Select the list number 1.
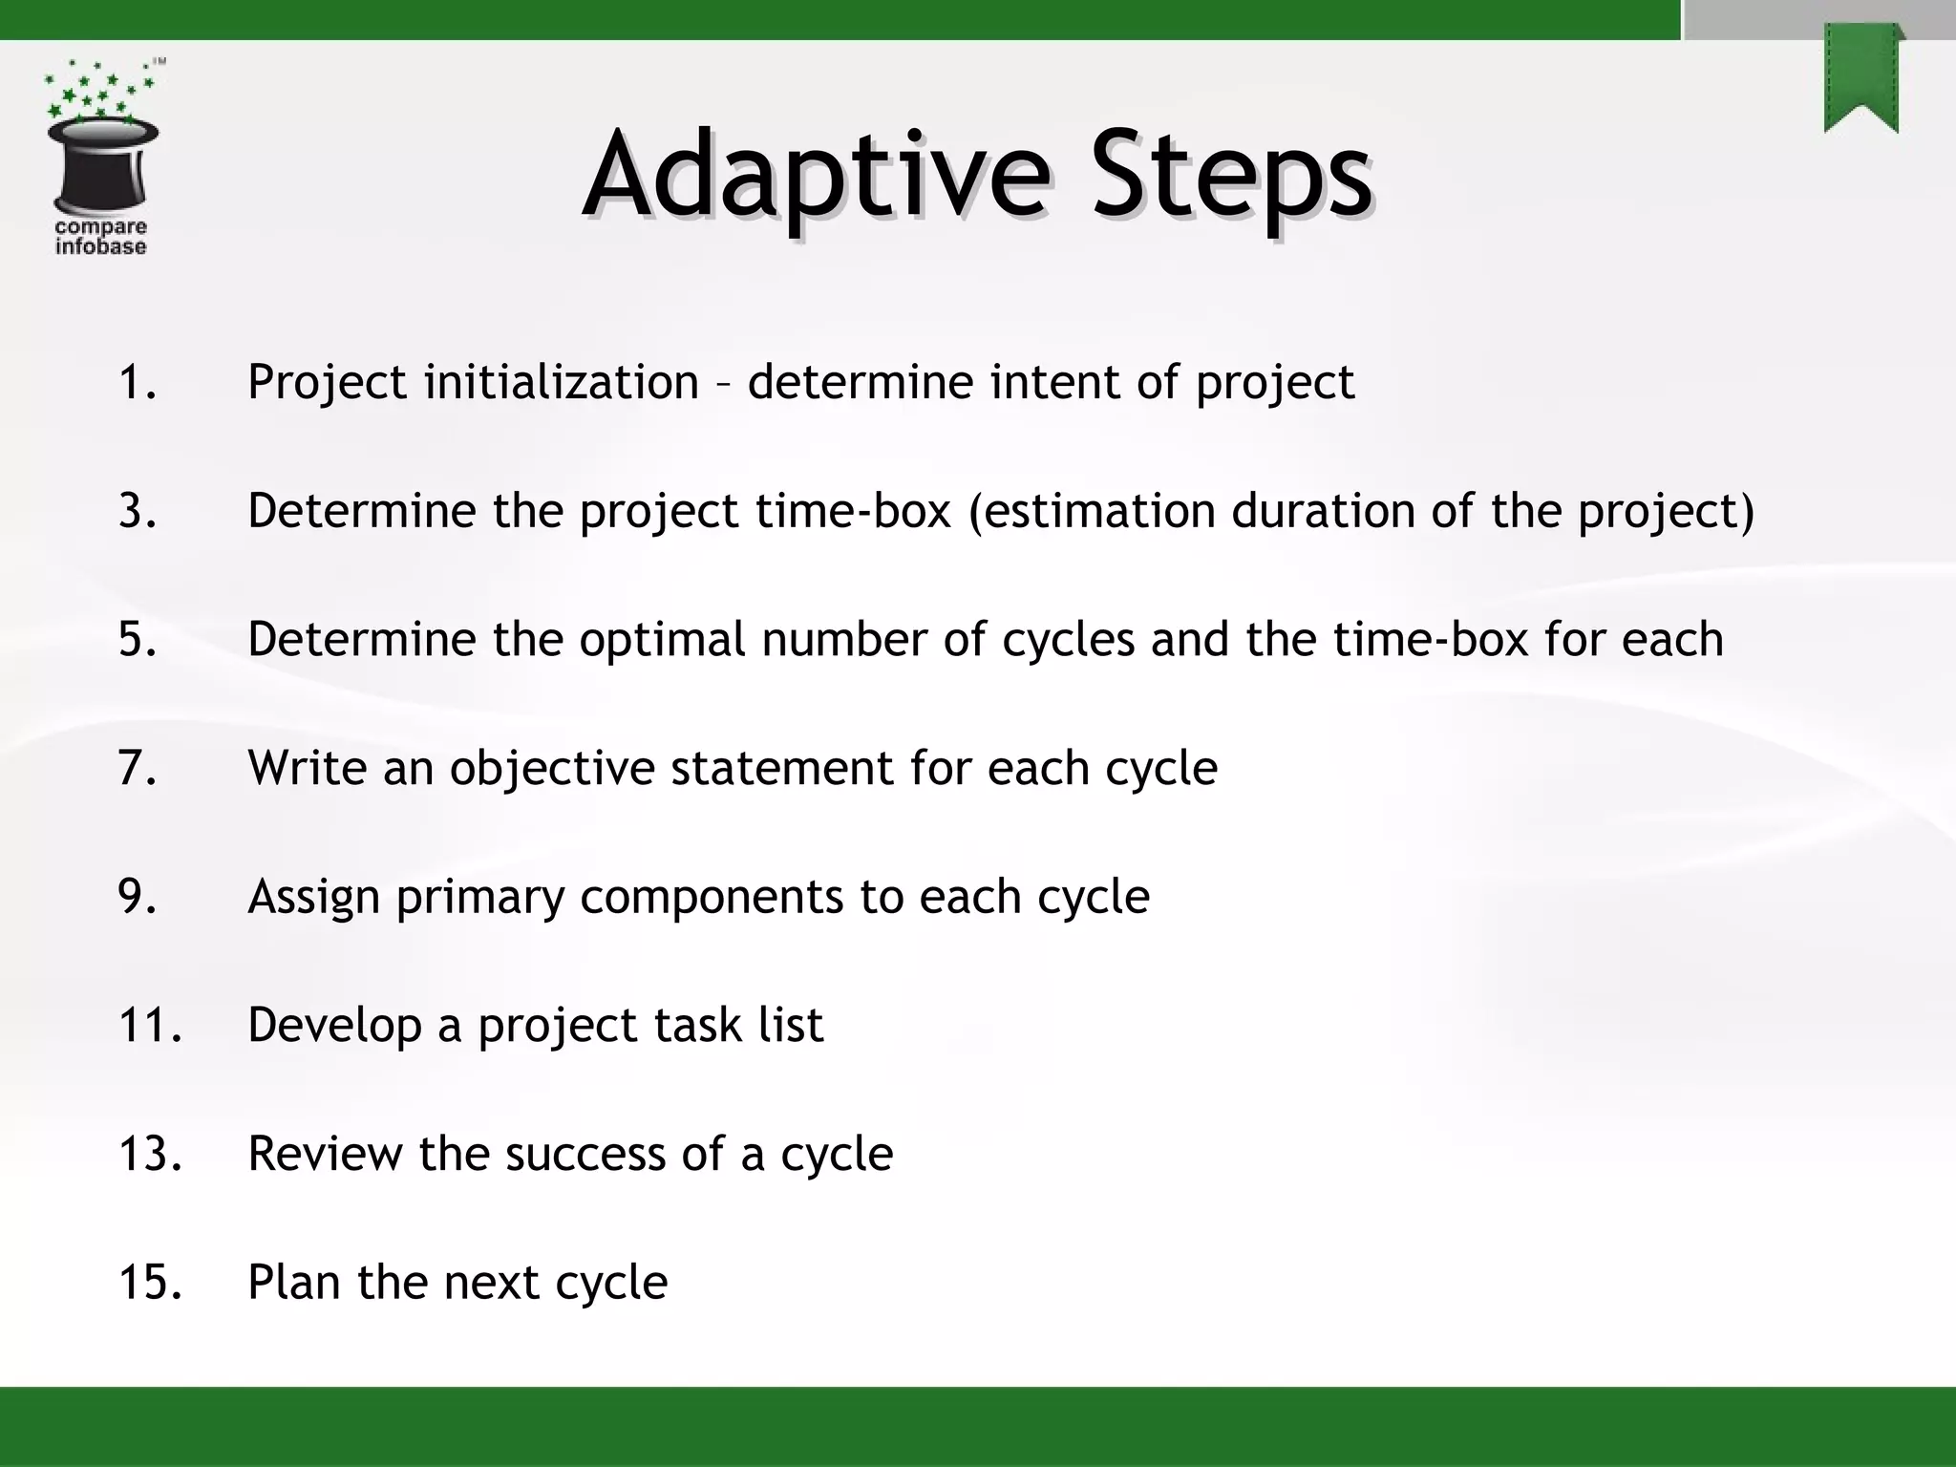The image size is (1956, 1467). [137, 382]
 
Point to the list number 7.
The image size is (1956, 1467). [137, 768]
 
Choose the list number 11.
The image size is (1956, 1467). [149, 1025]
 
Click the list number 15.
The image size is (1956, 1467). [149, 1282]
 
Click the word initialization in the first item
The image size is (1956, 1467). [562, 382]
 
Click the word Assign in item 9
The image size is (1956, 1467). [313, 898]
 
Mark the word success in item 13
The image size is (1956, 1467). [585, 1154]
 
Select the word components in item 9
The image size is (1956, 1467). [712, 898]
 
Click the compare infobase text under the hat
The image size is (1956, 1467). [100, 237]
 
